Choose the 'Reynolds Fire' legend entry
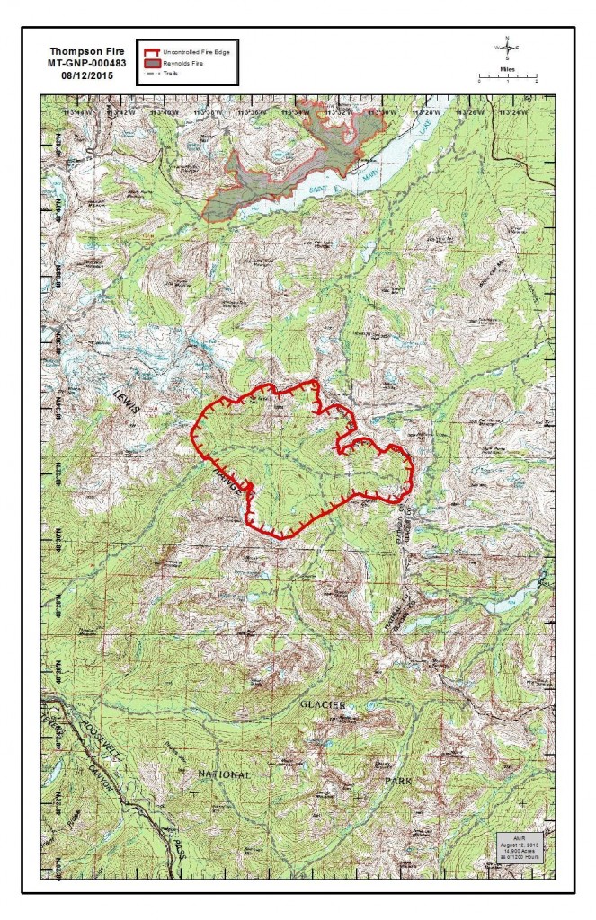[185, 65]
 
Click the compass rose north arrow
[507, 48]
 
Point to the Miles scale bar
[507, 79]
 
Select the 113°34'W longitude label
[295, 112]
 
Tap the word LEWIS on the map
[126, 396]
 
